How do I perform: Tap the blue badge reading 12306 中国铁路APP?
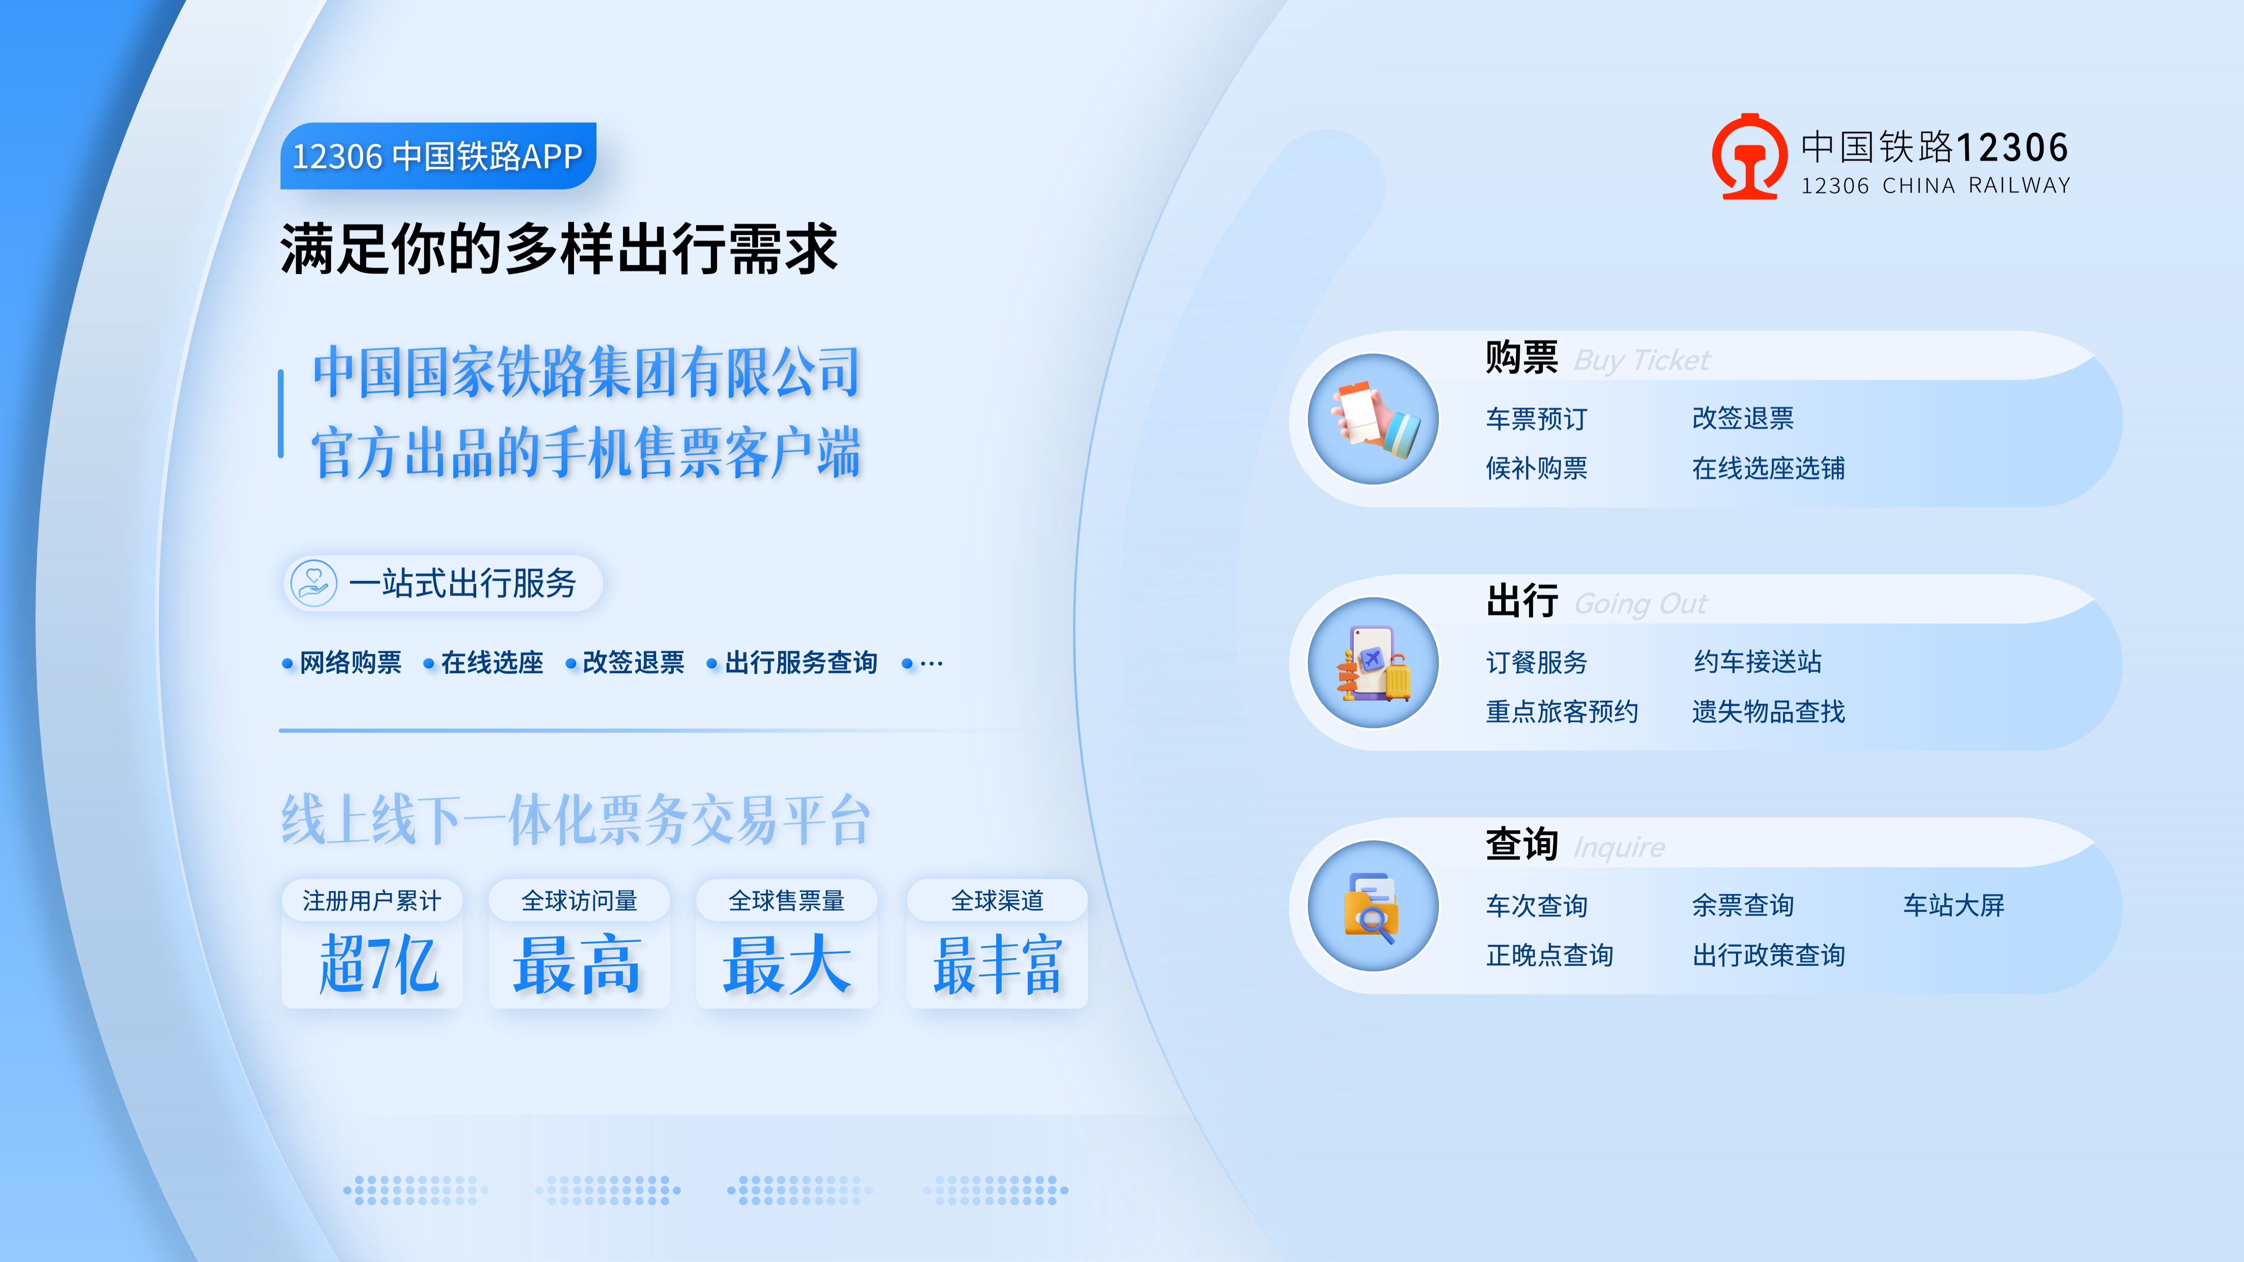[x=437, y=156]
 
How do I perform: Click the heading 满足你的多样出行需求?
[x=558, y=249]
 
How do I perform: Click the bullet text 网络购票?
[x=350, y=663]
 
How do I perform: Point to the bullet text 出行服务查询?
[x=801, y=663]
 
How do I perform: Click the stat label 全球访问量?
[x=579, y=901]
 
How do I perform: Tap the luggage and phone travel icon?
[x=1374, y=663]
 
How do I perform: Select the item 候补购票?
[x=1537, y=469]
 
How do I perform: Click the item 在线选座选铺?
[x=1768, y=469]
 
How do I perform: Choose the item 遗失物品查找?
[x=1768, y=712]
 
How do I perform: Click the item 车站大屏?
[x=1954, y=906]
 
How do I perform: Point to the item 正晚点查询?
[x=1550, y=955]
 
